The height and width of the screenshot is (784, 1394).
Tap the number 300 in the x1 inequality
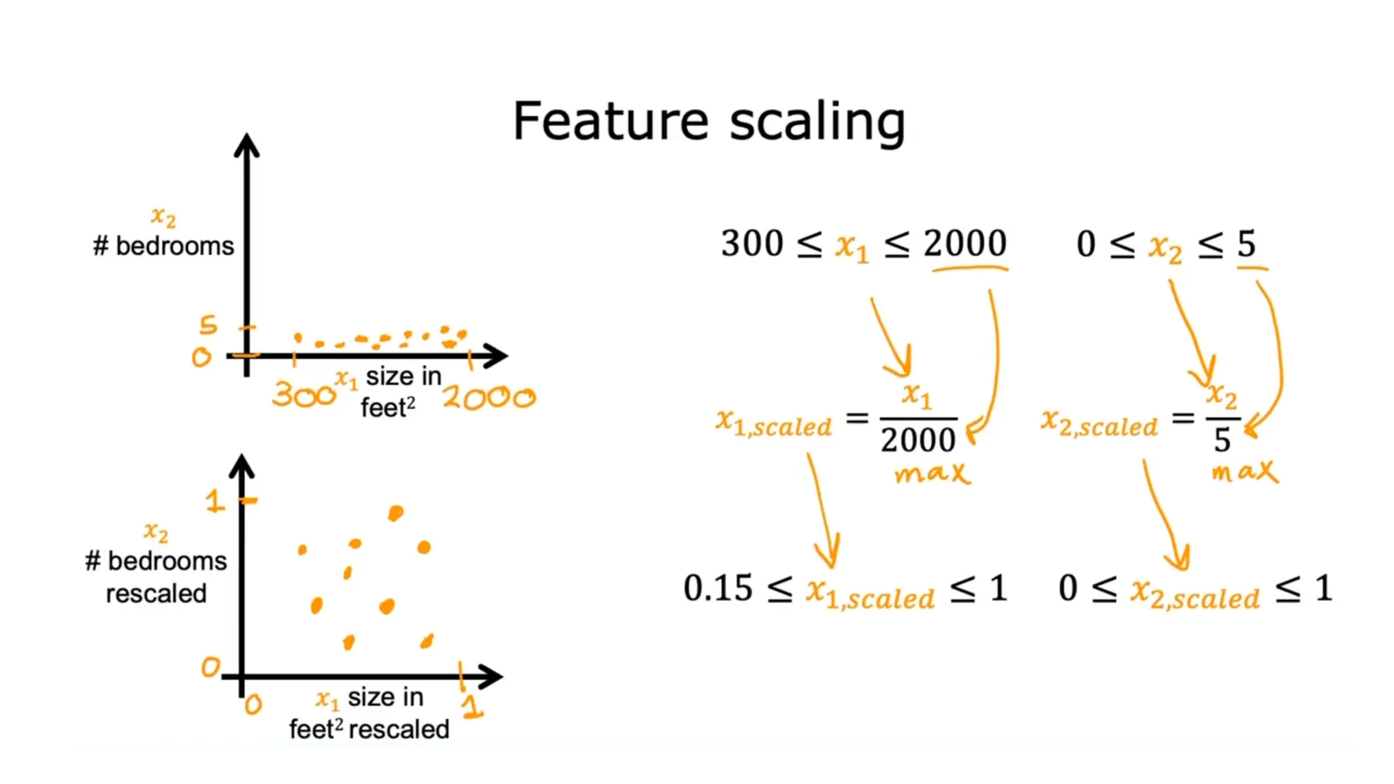[x=751, y=244]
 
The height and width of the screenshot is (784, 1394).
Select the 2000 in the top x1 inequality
[x=965, y=243]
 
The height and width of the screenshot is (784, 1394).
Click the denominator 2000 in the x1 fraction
[x=918, y=440]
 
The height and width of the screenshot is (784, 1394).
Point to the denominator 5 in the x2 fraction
[x=1222, y=440]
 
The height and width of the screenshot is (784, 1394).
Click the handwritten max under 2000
[x=932, y=473]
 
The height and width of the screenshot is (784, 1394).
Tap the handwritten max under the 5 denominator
[x=1244, y=471]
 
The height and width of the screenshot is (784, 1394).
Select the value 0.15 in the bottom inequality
[x=717, y=588]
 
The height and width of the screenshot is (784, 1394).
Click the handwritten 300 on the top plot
[x=304, y=394]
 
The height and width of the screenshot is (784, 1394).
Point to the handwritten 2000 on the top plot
[x=489, y=397]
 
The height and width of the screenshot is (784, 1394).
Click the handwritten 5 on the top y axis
[x=208, y=325]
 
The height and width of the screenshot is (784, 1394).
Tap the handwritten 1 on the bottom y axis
[x=214, y=502]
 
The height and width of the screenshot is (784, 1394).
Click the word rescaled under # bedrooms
[x=156, y=593]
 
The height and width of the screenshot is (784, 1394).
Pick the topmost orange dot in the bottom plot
[x=395, y=512]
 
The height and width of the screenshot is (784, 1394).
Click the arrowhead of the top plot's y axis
[x=246, y=144]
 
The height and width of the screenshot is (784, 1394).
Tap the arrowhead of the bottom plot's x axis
[x=493, y=676]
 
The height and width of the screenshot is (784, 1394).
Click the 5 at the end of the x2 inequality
[x=1246, y=244]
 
